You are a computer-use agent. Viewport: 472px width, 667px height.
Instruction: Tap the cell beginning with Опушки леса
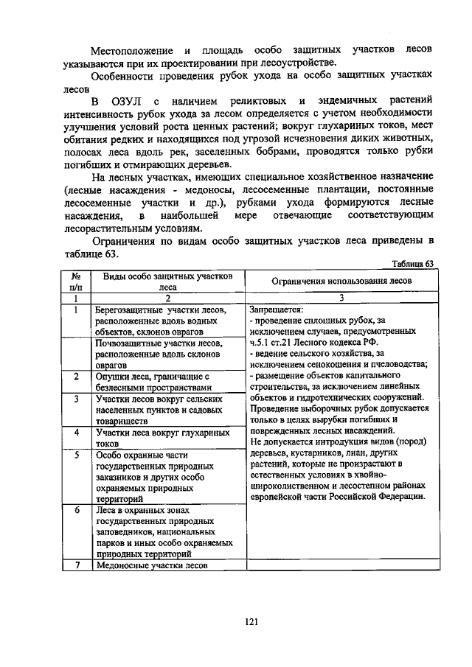click(x=158, y=381)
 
